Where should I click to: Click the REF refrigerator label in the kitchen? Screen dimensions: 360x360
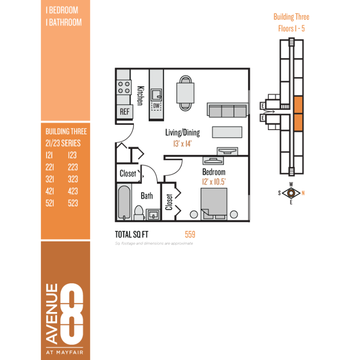[125, 112]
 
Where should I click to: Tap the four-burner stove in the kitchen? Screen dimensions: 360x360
[124, 87]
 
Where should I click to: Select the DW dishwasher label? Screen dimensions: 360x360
[156, 106]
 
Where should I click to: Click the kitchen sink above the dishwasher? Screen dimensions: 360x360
[156, 95]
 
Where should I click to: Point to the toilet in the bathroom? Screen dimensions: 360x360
[139, 213]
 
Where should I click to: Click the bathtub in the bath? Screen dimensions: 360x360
[124, 203]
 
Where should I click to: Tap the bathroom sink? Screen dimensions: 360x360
[153, 215]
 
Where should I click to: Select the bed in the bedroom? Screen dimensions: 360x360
[214, 204]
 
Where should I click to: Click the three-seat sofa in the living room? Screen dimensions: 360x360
[228, 110]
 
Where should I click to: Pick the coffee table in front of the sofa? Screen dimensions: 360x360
[227, 132]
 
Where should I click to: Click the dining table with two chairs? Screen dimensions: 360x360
[185, 93]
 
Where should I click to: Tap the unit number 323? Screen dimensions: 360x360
[73, 179]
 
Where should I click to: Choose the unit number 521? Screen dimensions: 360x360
[50, 203]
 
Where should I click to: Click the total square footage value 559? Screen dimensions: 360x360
[190, 234]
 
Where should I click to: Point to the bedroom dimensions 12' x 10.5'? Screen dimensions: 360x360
[214, 182]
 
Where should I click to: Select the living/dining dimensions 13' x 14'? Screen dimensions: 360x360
[182, 144]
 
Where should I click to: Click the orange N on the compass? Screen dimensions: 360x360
[303, 193]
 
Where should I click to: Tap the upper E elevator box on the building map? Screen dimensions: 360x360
[263, 106]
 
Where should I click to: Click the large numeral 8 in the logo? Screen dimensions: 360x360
[72, 314]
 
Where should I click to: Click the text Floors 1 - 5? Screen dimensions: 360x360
[291, 29]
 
